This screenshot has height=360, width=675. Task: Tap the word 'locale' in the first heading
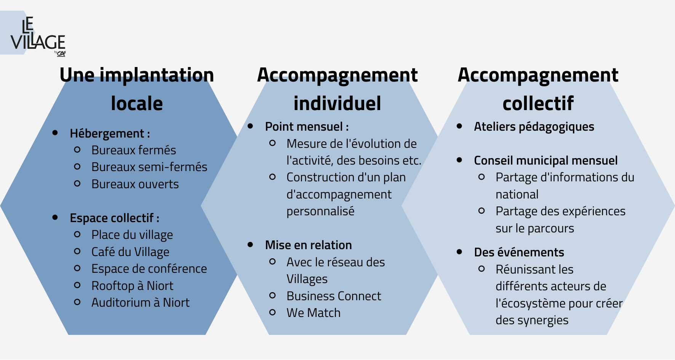click(137, 103)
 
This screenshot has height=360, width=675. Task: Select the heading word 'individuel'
click(337, 103)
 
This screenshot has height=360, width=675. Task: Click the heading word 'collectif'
click(538, 103)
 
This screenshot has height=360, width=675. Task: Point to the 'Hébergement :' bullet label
click(110, 133)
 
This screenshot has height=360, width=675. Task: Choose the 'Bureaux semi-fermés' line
click(149, 167)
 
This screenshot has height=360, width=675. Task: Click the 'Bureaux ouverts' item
click(135, 184)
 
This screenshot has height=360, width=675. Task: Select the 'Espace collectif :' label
click(115, 218)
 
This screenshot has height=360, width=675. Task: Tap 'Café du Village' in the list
click(130, 252)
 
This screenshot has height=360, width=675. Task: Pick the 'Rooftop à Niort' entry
click(133, 286)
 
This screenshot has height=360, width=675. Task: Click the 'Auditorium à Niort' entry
click(141, 302)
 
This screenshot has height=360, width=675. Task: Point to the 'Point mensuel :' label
click(307, 126)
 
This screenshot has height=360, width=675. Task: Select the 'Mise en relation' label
click(309, 245)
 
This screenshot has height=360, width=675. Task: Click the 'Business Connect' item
click(334, 296)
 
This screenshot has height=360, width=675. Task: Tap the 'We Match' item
click(314, 313)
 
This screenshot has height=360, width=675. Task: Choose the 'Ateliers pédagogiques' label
click(534, 126)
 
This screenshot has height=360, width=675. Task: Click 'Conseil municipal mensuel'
click(546, 160)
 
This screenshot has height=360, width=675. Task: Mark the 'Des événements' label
click(519, 252)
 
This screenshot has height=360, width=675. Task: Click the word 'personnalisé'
click(320, 211)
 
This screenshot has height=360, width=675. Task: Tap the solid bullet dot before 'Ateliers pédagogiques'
click(459, 126)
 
